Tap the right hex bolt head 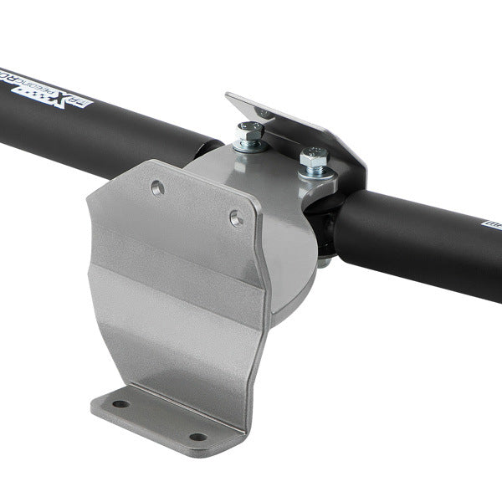[x=314, y=156]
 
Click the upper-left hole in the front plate [x=157, y=186]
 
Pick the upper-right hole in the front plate [x=237, y=219]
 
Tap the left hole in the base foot [x=122, y=404]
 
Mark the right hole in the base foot [x=197, y=436]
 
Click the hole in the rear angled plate [x=264, y=111]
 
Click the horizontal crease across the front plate [x=180, y=276]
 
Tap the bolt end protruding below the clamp [x=322, y=262]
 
